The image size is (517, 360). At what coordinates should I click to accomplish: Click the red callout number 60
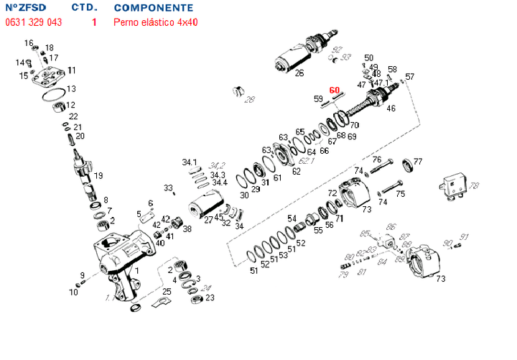coord(334,91)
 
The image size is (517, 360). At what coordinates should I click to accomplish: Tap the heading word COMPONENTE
coord(153,7)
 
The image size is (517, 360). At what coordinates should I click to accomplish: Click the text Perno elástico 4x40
coord(156,22)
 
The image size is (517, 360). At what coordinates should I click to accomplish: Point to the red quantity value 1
coord(94,22)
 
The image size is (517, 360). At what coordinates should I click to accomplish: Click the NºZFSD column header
coord(25,7)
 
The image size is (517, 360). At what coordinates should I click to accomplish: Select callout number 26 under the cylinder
coord(299,73)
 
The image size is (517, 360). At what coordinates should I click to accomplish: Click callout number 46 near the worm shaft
coord(391,109)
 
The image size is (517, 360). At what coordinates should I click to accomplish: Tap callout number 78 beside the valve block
coord(474,186)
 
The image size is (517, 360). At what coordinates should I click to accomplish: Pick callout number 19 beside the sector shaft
coord(98,175)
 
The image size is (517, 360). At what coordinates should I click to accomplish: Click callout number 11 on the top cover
coord(72,70)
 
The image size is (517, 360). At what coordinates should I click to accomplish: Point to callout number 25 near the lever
coord(167,291)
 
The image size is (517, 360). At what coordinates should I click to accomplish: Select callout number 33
coord(167,188)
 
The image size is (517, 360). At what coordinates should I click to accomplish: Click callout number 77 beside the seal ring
coord(418,161)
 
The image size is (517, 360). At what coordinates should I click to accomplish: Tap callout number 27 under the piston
coord(208,221)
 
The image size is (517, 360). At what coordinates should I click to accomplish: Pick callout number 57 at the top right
coord(410,77)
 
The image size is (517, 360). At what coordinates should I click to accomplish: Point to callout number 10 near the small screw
coord(73,292)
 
